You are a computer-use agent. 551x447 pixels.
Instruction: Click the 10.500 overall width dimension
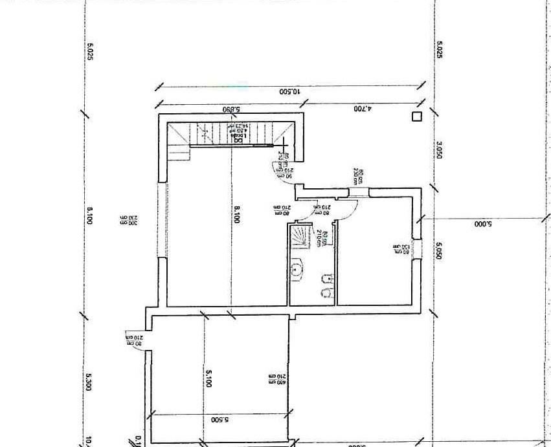click(x=290, y=92)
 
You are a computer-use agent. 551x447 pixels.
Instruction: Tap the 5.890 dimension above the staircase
click(x=231, y=109)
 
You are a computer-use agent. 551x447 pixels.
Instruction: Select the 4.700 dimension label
click(x=361, y=109)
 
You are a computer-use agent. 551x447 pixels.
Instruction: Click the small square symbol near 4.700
click(x=416, y=116)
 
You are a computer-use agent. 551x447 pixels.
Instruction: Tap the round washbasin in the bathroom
click(x=297, y=269)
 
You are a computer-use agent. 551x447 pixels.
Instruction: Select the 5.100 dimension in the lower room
click(x=208, y=378)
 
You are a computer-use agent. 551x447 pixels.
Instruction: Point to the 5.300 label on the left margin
click(x=89, y=382)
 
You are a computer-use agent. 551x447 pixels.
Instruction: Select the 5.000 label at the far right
click(x=484, y=224)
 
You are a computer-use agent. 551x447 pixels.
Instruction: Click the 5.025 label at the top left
click(x=90, y=52)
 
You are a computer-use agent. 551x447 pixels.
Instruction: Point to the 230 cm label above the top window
click(x=357, y=176)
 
